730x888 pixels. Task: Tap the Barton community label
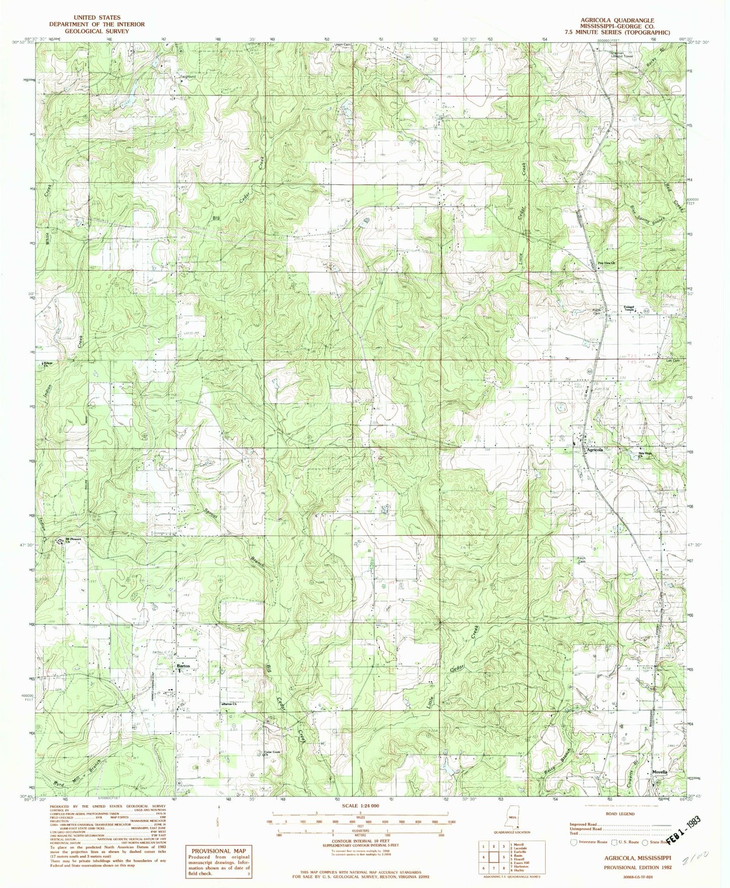coord(182,667)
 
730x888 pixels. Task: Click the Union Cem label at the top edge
coord(341,45)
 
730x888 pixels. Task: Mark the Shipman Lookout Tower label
coord(608,54)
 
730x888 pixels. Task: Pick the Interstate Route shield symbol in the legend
coord(573,842)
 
